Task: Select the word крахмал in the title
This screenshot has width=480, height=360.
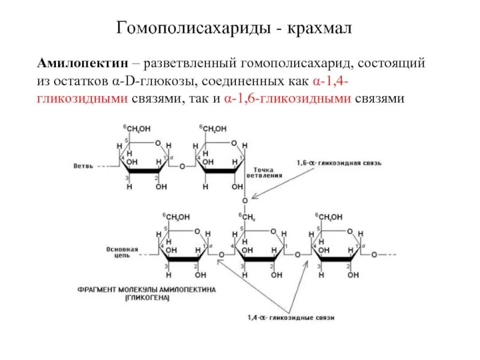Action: pyautogui.click(x=322, y=28)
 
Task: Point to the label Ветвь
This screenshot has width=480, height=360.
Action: pyautogui.click(x=83, y=166)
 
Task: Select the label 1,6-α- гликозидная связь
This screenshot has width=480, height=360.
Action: pyautogui.click(x=339, y=163)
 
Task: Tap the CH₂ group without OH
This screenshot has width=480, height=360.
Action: pyautogui.click(x=248, y=217)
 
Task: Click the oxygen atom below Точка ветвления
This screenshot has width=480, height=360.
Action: pyautogui.click(x=244, y=200)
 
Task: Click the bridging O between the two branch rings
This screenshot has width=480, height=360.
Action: pyautogui.click(x=182, y=166)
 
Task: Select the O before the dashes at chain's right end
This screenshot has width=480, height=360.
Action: pyautogui.click(x=373, y=254)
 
